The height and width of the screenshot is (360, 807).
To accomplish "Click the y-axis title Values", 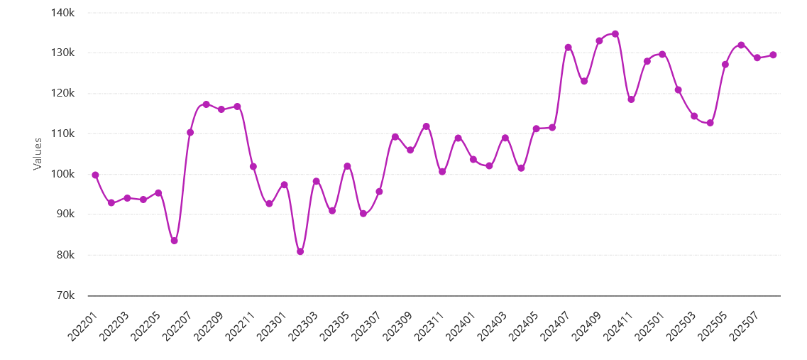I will click(x=38, y=153).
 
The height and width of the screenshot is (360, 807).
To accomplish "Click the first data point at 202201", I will click(x=95, y=175).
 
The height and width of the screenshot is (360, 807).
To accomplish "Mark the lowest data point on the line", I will click(x=300, y=251).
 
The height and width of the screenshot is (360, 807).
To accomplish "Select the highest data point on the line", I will click(x=615, y=33).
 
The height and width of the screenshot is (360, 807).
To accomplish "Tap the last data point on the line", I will click(x=773, y=55).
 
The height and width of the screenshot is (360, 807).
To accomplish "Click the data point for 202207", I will click(x=190, y=132).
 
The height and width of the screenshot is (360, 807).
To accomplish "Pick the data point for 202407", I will click(x=568, y=47).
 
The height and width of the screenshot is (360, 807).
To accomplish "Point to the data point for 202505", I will click(x=725, y=65).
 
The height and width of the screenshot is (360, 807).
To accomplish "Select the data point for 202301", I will click(x=284, y=185).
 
